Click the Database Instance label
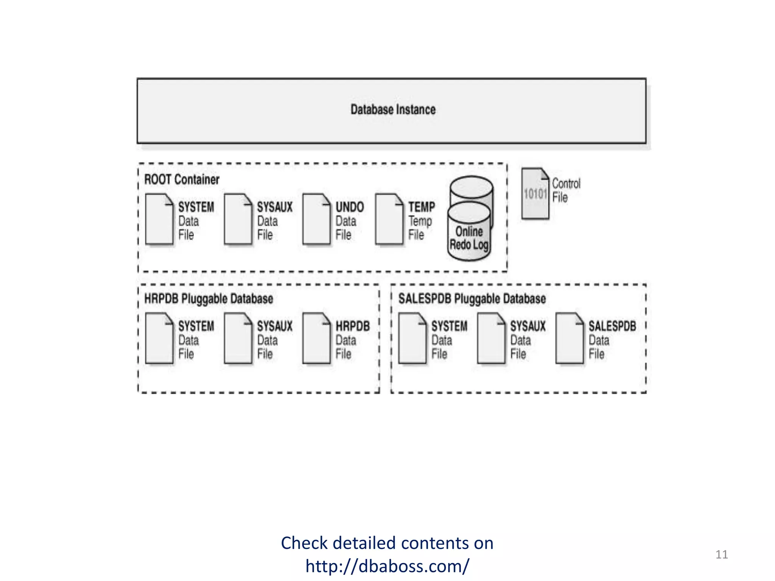393,110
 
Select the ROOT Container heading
182,179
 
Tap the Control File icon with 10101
535,194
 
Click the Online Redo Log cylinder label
469,238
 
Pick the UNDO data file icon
316,219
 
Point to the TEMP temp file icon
389,219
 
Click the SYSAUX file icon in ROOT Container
238,219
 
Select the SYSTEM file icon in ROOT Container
159,219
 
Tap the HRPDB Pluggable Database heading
209,299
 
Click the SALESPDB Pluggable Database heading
472,299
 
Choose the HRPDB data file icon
316,338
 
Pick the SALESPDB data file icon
569,338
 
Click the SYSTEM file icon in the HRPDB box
159,338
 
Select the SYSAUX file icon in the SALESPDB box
491,338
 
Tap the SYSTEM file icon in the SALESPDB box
412,338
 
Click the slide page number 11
721,555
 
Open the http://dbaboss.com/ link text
387,566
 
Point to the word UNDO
350,207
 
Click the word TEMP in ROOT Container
422,207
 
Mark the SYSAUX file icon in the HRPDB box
238,338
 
